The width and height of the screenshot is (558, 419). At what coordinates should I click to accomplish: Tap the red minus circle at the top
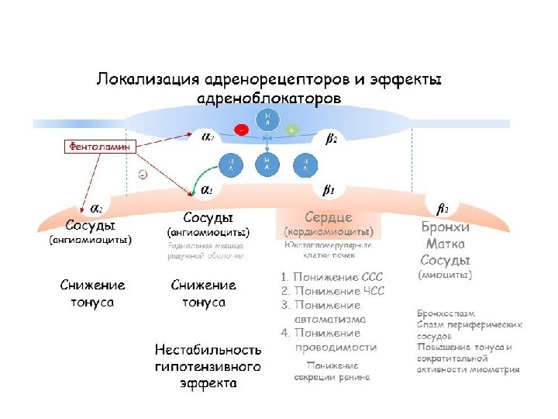click(x=242, y=130)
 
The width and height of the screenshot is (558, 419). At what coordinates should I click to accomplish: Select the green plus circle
click(x=291, y=130)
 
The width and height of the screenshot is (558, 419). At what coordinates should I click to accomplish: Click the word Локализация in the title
click(x=144, y=80)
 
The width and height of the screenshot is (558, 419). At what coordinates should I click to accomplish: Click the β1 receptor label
click(x=328, y=189)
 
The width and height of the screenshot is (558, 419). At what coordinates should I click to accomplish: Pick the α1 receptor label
click(x=208, y=189)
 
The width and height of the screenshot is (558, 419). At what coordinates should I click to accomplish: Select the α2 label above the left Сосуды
click(x=97, y=209)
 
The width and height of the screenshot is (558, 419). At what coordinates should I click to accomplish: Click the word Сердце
click(x=329, y=216)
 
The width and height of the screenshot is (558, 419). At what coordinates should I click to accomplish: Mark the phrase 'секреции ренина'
click(x=332, y=377)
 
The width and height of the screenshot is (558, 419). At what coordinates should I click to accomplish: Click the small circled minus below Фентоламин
click(x=143, y=175)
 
